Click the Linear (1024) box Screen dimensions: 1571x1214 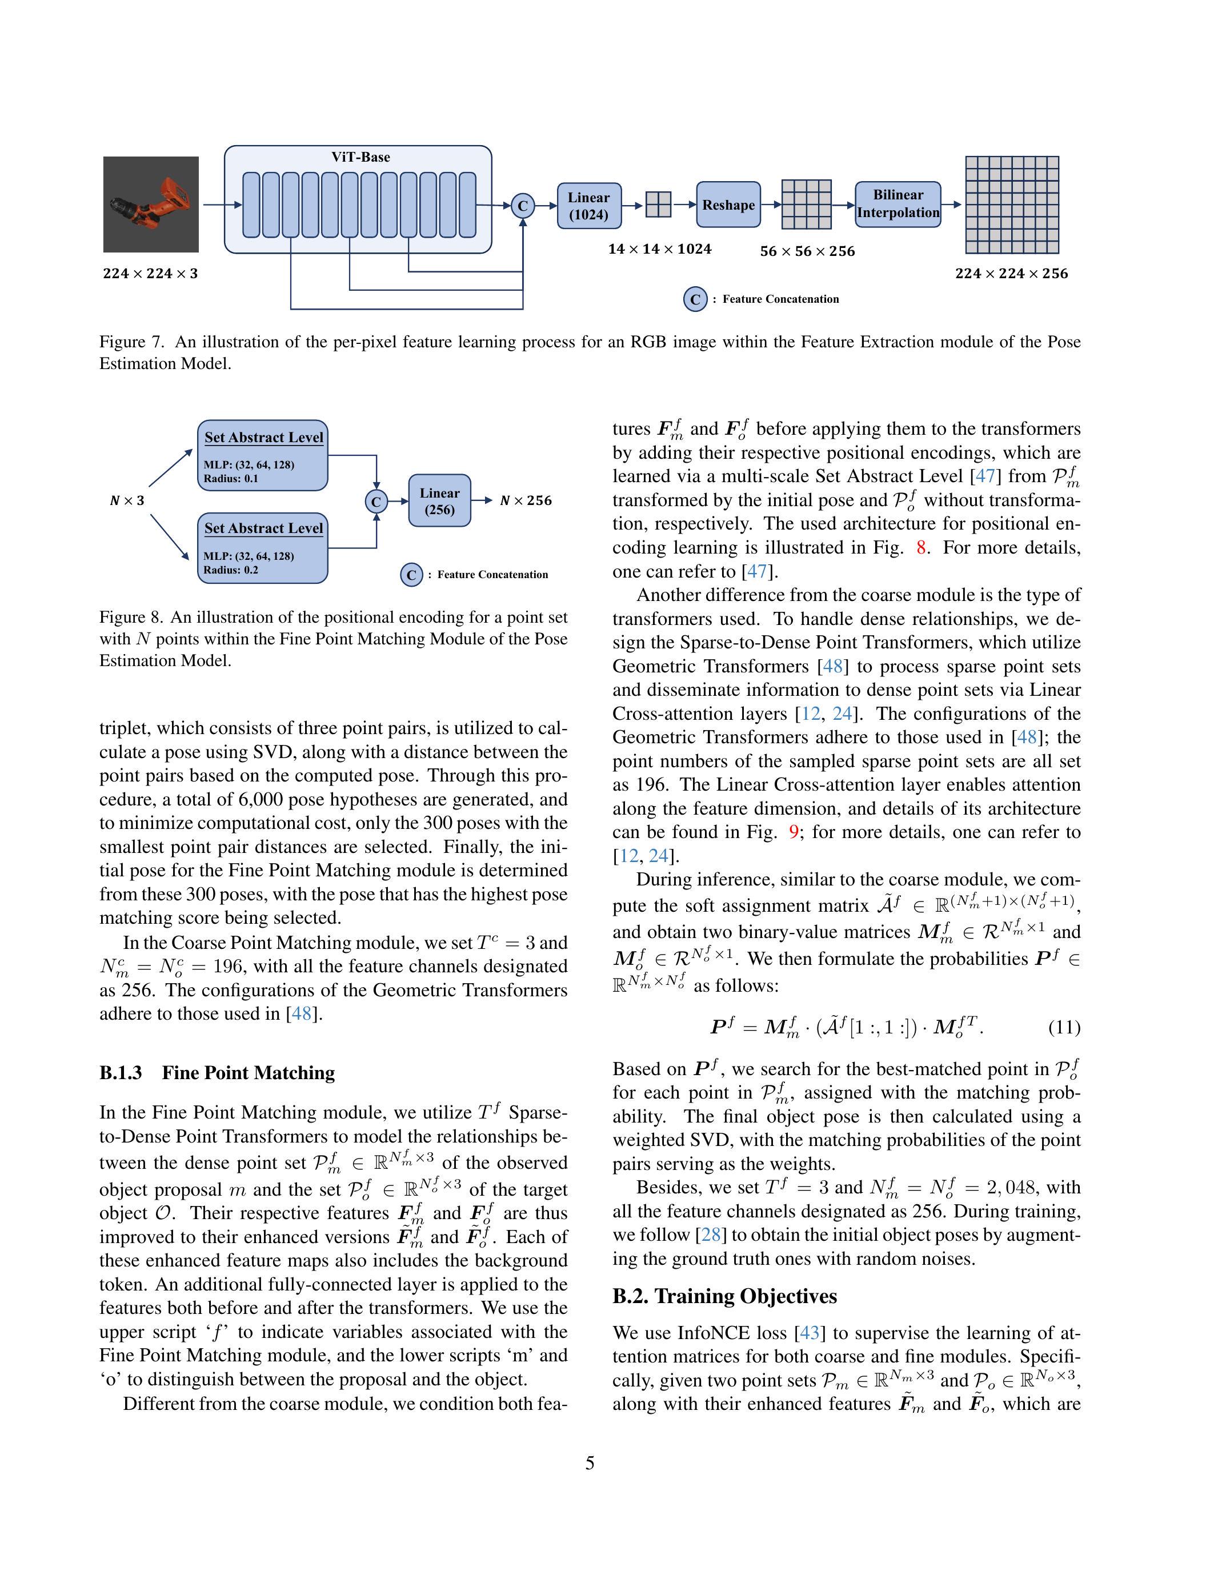(x=588, y=206)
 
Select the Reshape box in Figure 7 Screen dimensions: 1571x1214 (x=728, y=205)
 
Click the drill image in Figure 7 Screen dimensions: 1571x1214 (x=151, y=205)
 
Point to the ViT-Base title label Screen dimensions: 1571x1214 (x=360, y=157)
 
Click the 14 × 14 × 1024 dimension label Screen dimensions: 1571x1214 (x=659, y=249)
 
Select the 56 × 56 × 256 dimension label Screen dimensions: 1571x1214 (x=807, y=251)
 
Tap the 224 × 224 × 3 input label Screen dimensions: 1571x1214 (x=150, y=273)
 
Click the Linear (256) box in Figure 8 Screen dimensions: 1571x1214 (x=439, y=500)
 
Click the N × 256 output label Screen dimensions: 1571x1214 (x=526, y=500)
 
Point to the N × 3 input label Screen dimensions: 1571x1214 (x=127, y=500)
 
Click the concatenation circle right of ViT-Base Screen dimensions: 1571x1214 (x=523, y=206)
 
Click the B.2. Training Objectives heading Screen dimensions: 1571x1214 (x=724, y=1296)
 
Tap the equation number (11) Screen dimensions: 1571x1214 (x=1064, y=1027)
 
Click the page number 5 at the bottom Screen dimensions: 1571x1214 (x=590, y=1463)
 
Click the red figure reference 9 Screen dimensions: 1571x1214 (x=794, y=832)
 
